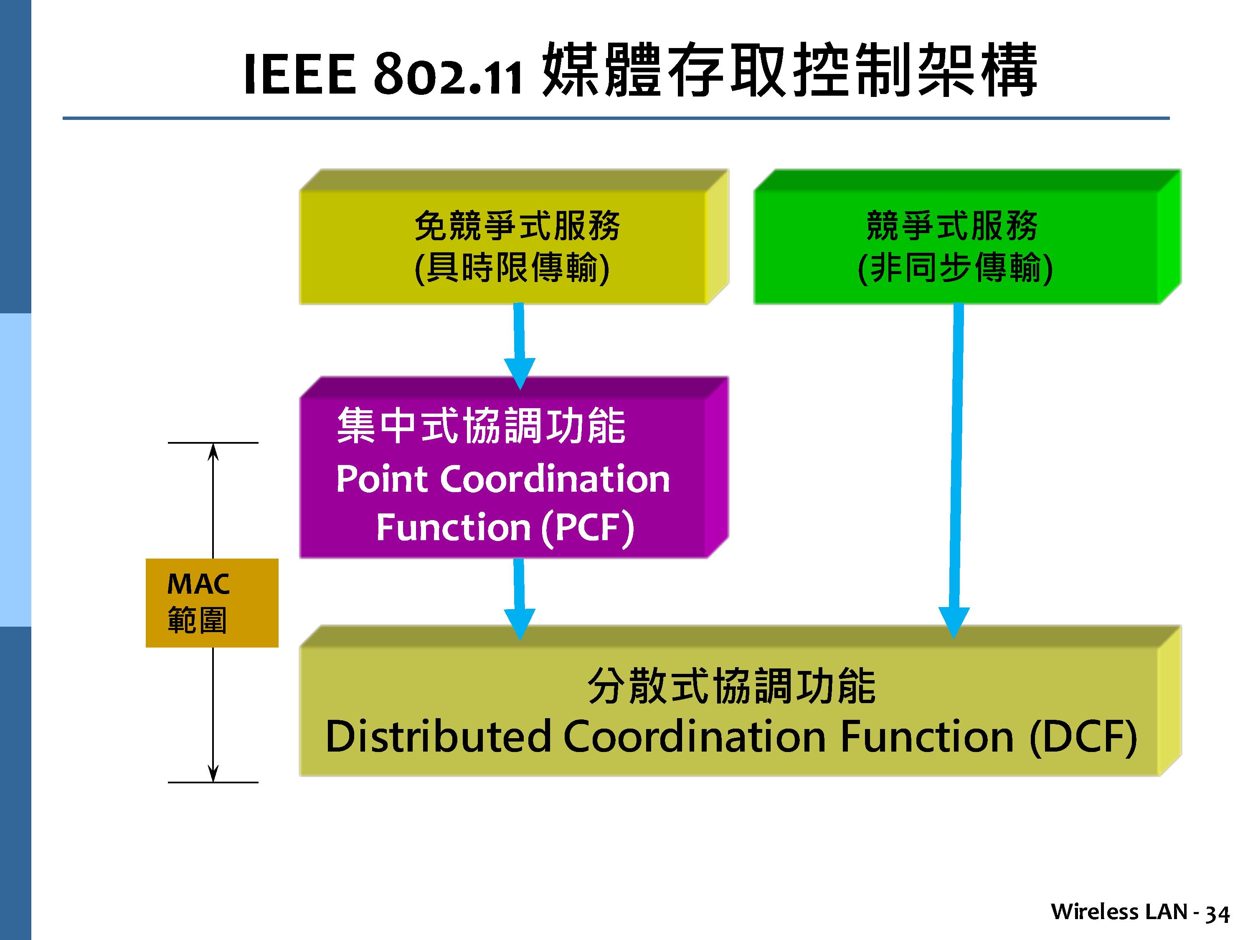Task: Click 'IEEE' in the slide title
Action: point(299,75)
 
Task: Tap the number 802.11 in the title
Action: point(447,75)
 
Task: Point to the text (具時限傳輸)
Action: point(512,268)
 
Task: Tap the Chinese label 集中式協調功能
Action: point(482,426)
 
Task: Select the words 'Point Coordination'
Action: point(503,479)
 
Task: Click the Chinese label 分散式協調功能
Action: point(732,686)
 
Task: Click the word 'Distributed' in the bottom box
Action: point(438,737)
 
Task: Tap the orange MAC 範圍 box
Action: point(212,603)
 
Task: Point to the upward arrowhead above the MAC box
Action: point(213,452)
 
